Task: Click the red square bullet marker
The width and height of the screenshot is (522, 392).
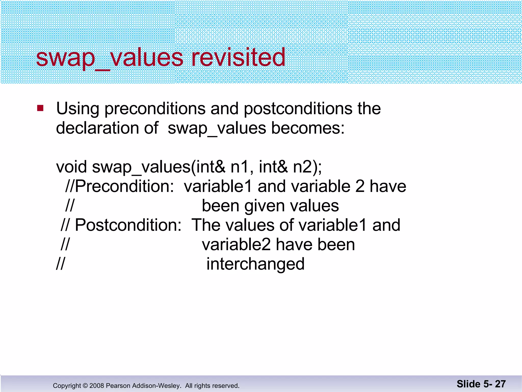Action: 40,108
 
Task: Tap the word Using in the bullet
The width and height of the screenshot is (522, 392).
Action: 77,109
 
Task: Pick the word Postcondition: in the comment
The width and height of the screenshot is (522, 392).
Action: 128,225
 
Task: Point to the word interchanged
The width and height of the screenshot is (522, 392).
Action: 255,264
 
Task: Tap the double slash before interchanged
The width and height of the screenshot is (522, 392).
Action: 60,264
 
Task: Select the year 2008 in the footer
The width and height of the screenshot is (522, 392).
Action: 97,386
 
